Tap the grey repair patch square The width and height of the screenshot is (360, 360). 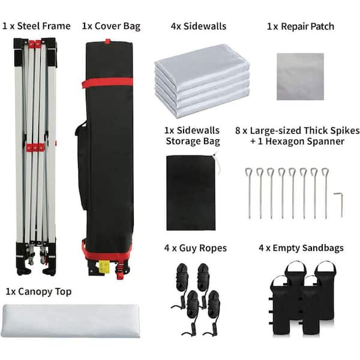[x=301, y=77]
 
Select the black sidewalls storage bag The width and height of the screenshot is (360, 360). [x=191, y=193]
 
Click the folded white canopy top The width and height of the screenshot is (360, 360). [x=70, y=321]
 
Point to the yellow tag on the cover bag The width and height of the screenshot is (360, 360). [x=104, y=267]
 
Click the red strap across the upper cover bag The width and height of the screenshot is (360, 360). [x=107, y=83]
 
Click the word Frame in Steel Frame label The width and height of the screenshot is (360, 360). [x=56, y=26]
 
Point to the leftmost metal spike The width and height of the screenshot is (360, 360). [x=249, y=193]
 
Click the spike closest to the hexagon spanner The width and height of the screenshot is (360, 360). [x=326, y=193]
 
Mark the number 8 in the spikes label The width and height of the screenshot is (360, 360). [x=238, y=131]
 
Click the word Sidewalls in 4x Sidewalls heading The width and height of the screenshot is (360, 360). [x=205, y=26]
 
